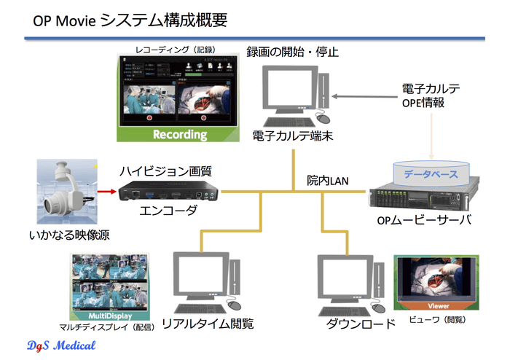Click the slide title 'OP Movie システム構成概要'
click(x=130, y=20)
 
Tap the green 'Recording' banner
click(x=179, y=135)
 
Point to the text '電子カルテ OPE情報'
click(x=430, y=95)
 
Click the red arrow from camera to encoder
click(x=106, y=193)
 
